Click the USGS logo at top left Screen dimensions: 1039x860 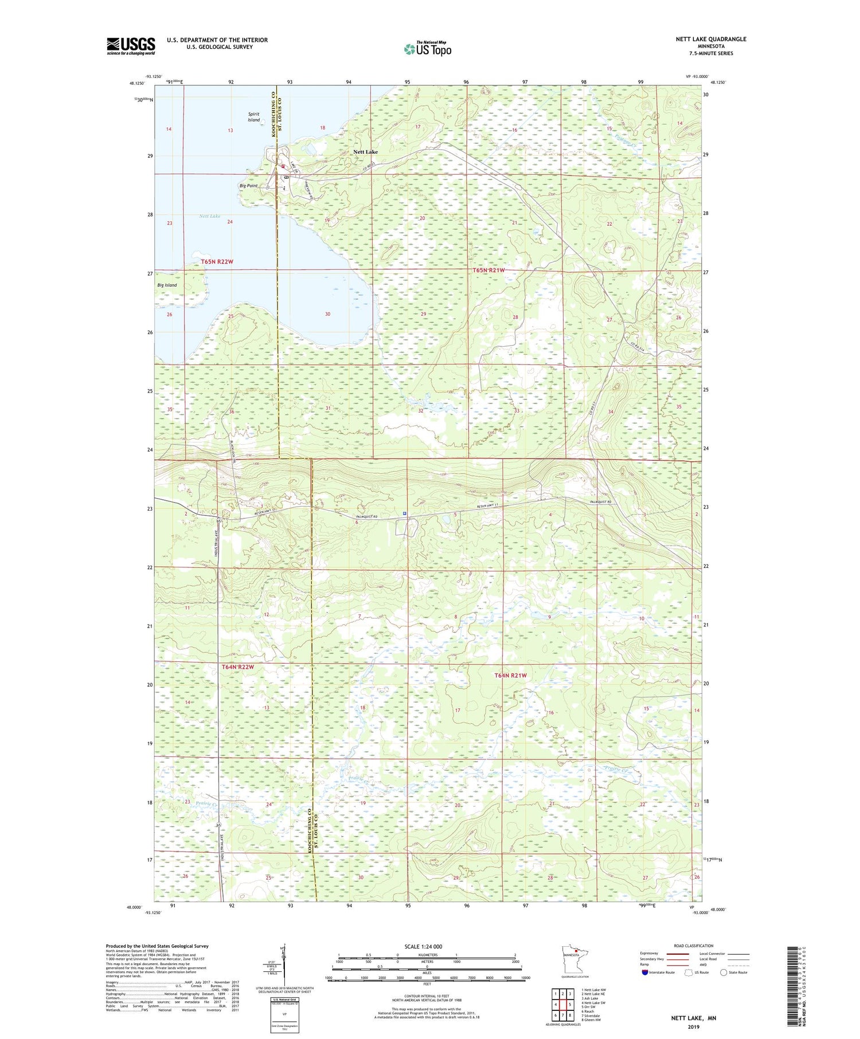[x=131, y=46]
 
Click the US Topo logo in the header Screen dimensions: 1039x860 [x=427, y=49]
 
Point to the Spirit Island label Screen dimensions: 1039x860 [x=253, y=117]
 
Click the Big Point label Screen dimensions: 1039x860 [x=248, y=186]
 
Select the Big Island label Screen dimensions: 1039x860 [x=167, y=285]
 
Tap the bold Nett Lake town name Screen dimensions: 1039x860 [x=365, y=152]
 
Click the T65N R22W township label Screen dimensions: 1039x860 [x=217, y=262]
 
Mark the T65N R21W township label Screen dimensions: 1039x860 [x=489, y=270]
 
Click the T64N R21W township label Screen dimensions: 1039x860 [x=510, y=675]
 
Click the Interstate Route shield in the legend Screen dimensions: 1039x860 [x=645, y=973]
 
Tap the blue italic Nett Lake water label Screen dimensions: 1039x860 [x=209, y=216]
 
